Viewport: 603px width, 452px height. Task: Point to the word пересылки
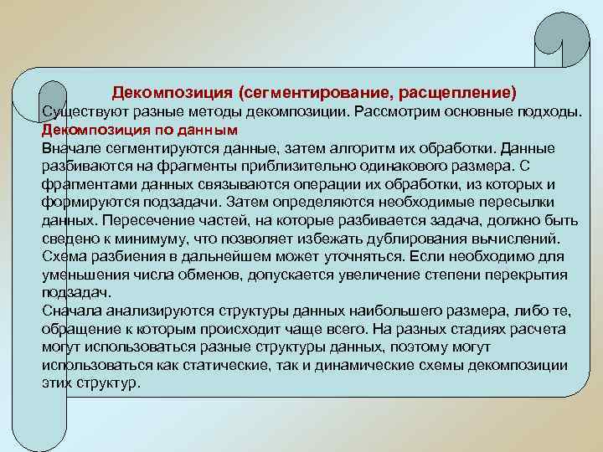click(523, 203)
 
